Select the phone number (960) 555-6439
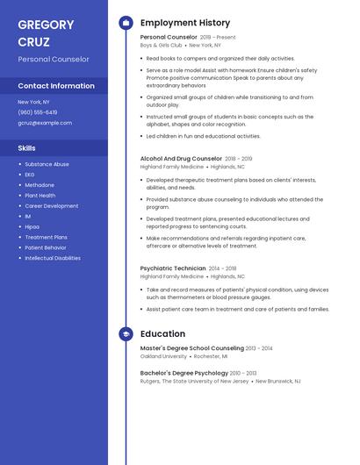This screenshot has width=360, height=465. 38,112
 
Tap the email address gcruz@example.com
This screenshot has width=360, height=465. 45,123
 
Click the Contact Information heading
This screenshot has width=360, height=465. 56,86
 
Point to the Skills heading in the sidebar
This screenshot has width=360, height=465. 27,148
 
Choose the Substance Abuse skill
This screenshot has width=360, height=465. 47,164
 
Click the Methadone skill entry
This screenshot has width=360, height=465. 40,185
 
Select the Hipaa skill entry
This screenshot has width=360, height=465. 32,226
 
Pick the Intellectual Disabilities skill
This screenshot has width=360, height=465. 53,258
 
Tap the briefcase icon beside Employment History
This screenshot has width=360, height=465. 126,23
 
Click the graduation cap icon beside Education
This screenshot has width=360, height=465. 126,334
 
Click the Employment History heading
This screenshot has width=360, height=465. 185,23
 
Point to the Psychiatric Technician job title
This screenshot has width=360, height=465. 172,268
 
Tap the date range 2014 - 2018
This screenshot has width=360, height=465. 223,268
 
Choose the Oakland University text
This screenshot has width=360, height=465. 163,356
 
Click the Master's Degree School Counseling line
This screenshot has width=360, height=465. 192,348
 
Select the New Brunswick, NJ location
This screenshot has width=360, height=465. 279,382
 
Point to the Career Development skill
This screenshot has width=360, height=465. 52,205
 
